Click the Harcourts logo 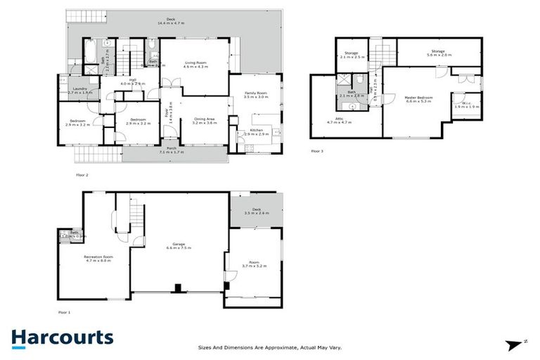(x=62, y=338)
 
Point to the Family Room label (x=256, y=95)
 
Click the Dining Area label (x=205, y=121)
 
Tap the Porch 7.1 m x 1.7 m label (x=171, y=150)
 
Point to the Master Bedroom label (x=419, y=99)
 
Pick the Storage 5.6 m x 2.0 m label (x=441, y=53)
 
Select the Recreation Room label (x=98, y=259)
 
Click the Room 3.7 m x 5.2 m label (x=255, y=262)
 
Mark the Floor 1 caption (x=64, y=311)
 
